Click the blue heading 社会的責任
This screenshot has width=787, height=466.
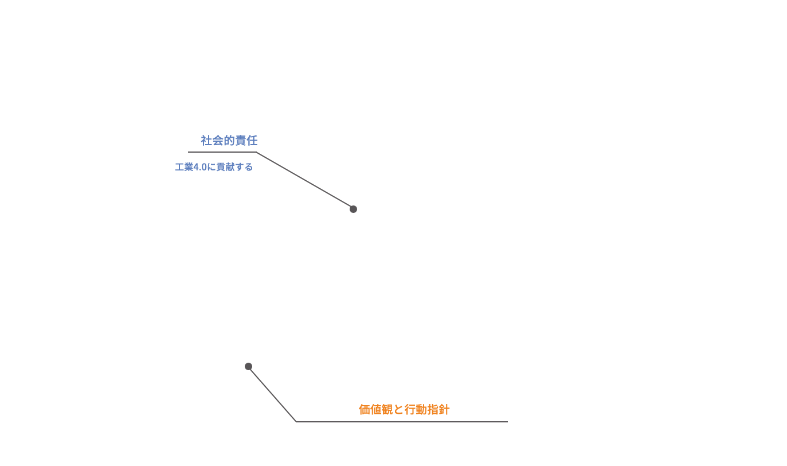click(229, 141)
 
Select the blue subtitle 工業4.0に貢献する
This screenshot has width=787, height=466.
click(214, 167)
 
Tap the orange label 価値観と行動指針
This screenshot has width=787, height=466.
click(404, 410)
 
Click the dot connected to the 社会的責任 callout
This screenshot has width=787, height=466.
click(354, 209)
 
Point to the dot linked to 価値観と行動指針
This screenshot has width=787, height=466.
click(248, 367)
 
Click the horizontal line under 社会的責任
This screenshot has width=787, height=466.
click(222, 152)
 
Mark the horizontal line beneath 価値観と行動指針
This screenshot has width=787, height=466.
click(402, 422)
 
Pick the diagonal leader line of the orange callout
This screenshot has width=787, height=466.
click(272, 394)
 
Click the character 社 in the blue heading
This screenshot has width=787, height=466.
click(206, 141)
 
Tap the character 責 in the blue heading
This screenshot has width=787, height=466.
click(241, 141)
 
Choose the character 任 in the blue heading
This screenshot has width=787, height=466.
click(252, 141)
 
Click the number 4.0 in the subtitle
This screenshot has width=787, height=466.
click(200, 167)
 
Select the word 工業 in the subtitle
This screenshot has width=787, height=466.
click(184, 167)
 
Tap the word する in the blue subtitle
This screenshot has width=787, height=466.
click(244, 167)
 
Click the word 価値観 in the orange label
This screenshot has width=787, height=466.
click(375, 410)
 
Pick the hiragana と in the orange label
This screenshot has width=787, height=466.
click(398, 410)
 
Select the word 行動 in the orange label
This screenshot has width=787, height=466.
click(416, 410)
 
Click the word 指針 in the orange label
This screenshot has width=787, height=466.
click(438, 410)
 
